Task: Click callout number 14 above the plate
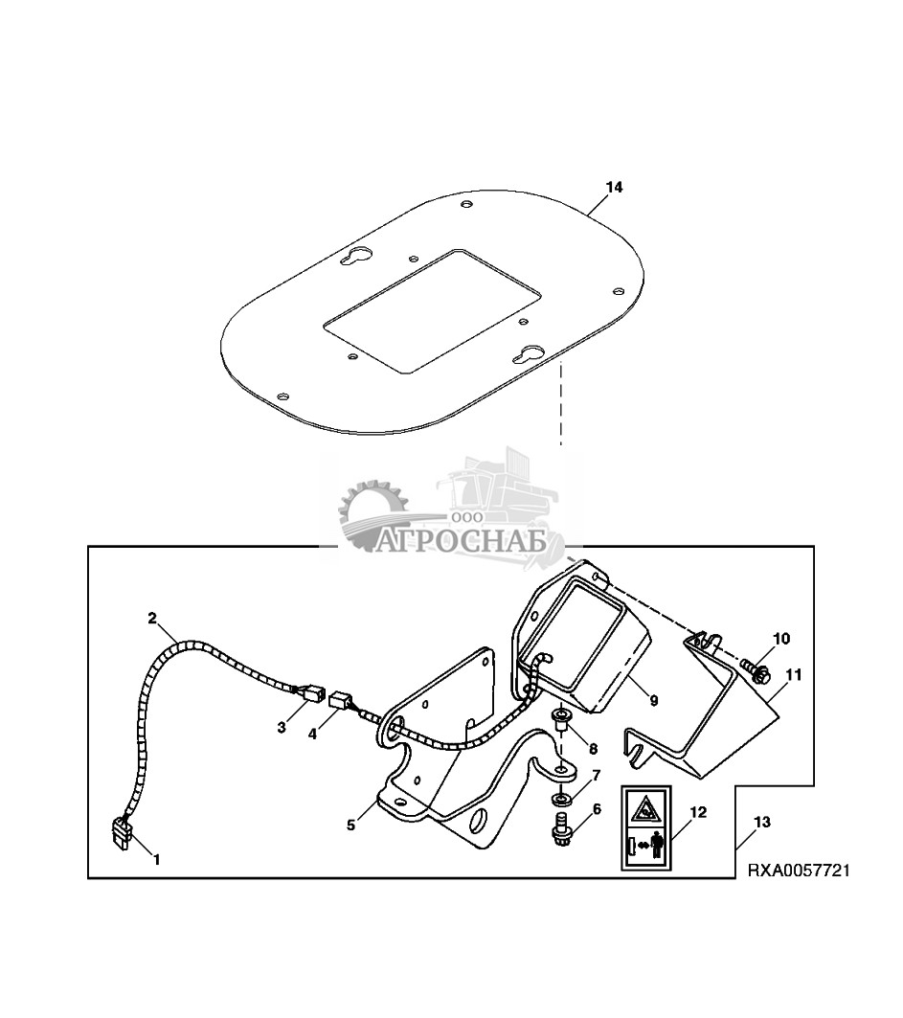pyautogui.click(x=614, y=188)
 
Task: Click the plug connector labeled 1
pyautogui.click(x=122, y=830)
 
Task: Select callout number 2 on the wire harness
pyautogui.click(x=151, y=618)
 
